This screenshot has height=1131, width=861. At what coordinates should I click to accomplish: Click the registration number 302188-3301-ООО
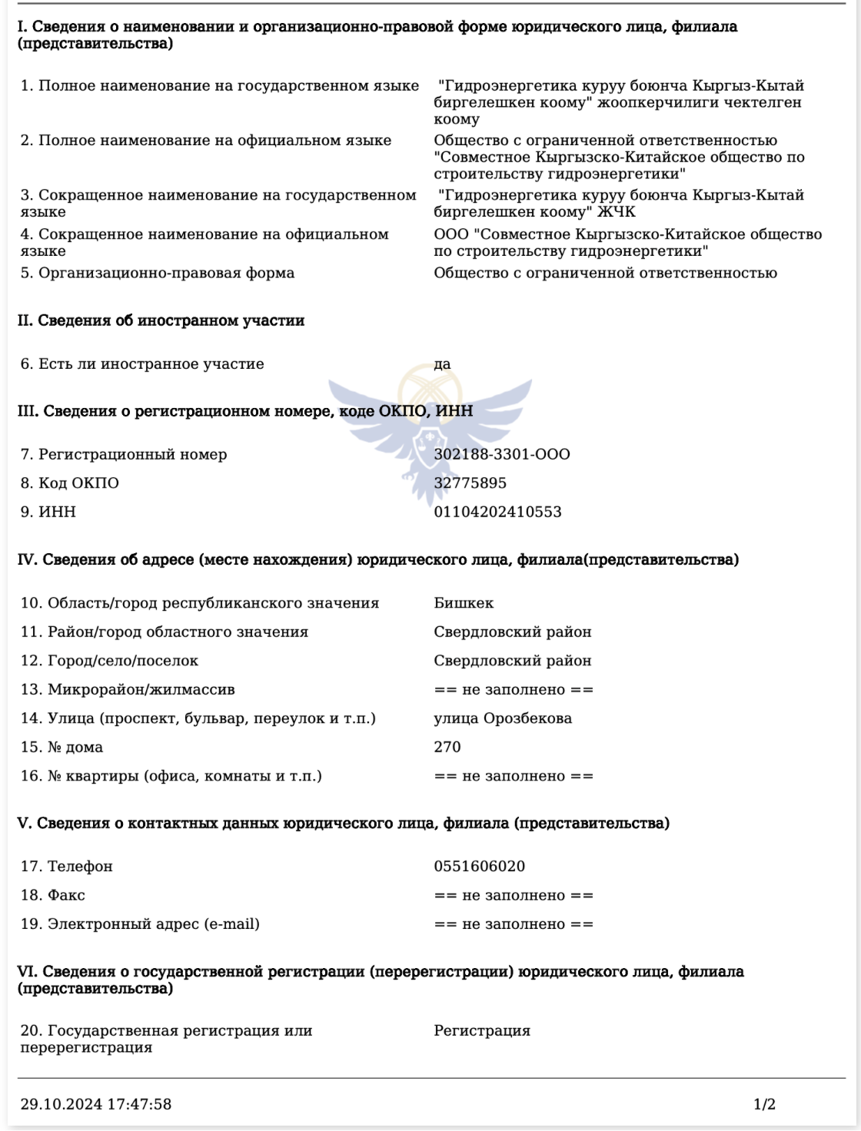pos(502,454)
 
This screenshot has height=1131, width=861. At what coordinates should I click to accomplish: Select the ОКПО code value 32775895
pos(470,483)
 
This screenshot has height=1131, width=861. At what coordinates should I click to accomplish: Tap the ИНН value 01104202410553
pos(497,512)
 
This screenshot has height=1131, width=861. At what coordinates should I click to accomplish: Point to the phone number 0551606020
pos(479,867)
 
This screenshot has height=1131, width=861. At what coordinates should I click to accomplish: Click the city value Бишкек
pos(464,603)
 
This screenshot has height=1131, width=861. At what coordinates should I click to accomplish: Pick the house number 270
pos(447,747)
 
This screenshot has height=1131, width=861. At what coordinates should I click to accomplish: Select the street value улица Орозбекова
pos(503,718)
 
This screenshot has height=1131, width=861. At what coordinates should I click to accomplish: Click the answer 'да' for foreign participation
pos(442,364)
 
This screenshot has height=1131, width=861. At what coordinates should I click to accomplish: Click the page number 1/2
pos(764,1105)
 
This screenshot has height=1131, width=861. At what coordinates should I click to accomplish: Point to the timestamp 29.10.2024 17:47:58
pos(96,1105)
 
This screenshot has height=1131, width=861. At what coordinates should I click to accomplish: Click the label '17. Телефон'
pos(67,867)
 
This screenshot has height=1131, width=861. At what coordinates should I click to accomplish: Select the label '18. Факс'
pos(53,895)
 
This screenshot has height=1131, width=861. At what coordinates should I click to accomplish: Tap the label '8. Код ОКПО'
pos(70,483)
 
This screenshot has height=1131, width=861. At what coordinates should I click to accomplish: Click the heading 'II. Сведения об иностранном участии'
pos(161,320)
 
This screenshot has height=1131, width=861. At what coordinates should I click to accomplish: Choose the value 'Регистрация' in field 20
pos(482,1031)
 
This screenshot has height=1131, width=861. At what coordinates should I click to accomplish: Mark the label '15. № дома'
pos(61,747)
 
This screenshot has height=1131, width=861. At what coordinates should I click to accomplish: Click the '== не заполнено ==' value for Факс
pos(514,896)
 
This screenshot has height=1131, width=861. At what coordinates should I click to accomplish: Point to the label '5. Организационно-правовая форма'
pos(158,273)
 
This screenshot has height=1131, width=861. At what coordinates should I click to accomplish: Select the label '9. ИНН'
pos(48,512)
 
